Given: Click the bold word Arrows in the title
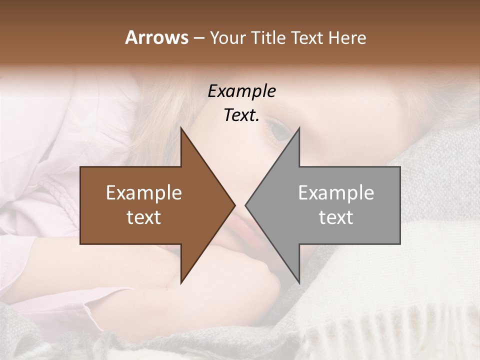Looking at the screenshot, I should [x=156, y=37].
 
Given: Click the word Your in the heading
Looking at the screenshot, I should [x=227, y=38].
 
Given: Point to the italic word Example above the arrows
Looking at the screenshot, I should [x=241, y=91].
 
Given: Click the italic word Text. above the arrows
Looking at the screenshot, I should [x=241, y=115].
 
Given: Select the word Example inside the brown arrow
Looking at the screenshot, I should [x=144, y=192].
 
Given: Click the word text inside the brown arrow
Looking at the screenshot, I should [x=144, y=217].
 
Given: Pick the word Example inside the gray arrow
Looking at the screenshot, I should [x=336, y=192].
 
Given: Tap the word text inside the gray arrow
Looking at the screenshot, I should [x=336, y=217].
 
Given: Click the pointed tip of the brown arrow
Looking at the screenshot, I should [x=235, y=205].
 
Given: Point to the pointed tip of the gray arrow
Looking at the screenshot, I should [x=245, y=205].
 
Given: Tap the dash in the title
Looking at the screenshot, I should [x=198, y=38].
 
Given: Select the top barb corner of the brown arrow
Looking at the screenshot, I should [x=181, y=128].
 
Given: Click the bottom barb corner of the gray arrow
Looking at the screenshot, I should [x=299, y=283].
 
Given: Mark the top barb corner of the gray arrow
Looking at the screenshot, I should [x=299, y=128].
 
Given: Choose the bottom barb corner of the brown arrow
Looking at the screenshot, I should [x=181, y=283].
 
